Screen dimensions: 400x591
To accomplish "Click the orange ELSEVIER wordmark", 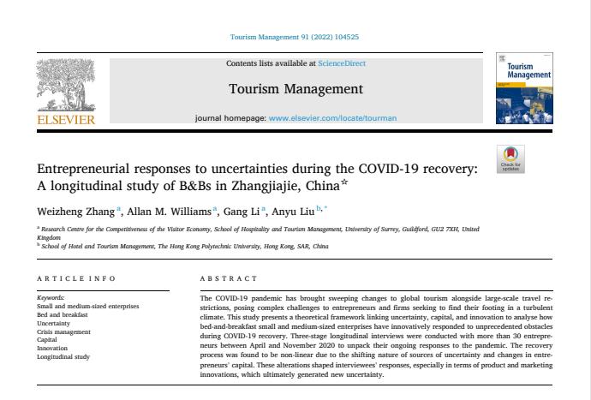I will point(66,119).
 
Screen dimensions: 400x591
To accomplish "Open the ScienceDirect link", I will point(341,63).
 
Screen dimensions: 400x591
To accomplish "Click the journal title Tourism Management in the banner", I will point(295,89).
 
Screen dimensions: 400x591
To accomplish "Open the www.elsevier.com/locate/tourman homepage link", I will point(321,116).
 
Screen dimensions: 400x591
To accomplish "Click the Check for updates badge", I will point(510,159).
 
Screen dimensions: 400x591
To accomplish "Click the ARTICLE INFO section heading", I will point(76,279).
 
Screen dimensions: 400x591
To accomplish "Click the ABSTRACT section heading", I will point(228,279).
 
